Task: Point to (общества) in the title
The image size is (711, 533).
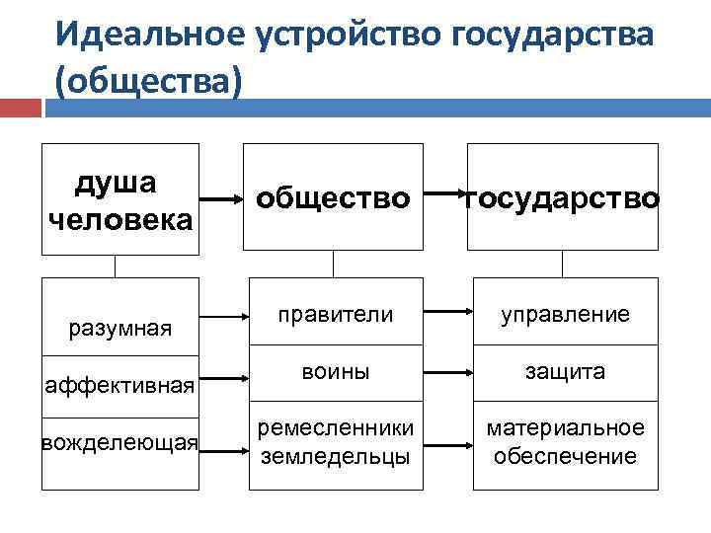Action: pos(148,81)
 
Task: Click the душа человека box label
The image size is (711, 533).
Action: pos(119,200)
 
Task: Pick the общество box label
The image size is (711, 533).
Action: pos(333,198)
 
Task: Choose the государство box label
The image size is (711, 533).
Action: pos(563,198)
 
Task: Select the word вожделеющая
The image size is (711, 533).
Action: pos(119,441)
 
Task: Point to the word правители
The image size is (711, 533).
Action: pos(335,314)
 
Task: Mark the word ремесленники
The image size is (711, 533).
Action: pos(335,427)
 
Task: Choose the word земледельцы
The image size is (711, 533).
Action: pos(335,455)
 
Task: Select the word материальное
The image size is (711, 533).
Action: pos(566,427)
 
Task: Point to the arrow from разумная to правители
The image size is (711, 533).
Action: pos(226,318)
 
